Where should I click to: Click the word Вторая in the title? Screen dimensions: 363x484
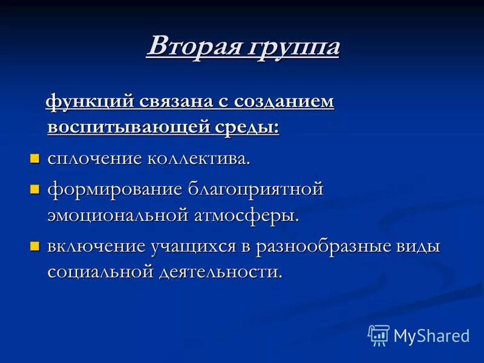click(192, 47)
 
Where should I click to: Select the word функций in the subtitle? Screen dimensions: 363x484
click(90, 102)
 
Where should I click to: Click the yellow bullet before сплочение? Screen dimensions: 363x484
click(34, 159)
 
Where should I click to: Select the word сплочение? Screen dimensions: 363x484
click(94, 159)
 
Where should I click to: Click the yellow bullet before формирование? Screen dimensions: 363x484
click(34, 189)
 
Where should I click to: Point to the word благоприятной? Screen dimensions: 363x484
click(257, 189)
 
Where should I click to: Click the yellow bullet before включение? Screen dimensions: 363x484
click(34, 246)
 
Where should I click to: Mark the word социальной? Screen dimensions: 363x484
click(99, 272)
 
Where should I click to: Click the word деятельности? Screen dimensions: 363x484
click(221, 272)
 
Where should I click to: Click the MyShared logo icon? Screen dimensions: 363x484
click(379, 335)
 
